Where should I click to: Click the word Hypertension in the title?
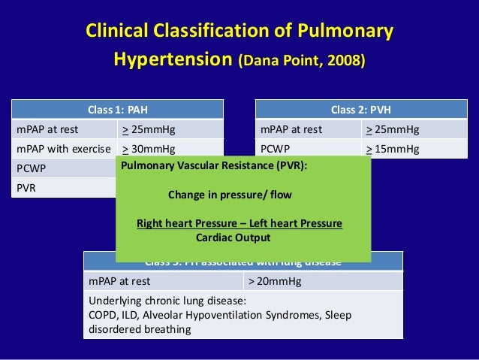[x=172, y=58]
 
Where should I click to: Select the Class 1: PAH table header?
[x=117, y=109]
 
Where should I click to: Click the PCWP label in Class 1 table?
[x=31, y=168]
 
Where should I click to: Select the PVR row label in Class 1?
[x=26, y=186]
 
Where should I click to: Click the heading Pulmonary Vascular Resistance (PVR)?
[x=214, y=167]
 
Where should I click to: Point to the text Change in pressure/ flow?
[x=230, y=194]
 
